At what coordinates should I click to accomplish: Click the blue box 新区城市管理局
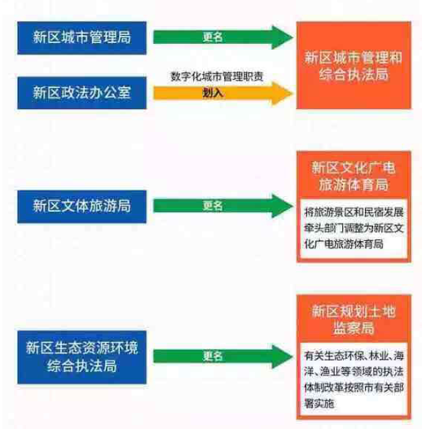(x=82, y=37)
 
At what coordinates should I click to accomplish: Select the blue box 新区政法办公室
(x=82, y=93)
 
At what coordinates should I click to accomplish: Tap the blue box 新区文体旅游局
(x=82, y=206)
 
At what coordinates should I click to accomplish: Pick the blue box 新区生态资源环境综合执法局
(x=82, y=357)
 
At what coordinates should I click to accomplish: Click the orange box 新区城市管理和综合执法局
(x=354, y=65)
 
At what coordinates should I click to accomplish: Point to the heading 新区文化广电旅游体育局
(x=354, y=176)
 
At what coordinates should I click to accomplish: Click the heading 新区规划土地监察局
(x=354, y=319)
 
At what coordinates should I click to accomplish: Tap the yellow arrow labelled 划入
(x=223, y=94)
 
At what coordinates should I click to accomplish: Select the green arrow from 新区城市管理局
(x=223, y=37)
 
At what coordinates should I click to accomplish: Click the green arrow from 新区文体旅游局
(x=223, y=206)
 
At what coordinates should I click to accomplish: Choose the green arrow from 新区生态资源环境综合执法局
(x=223, y=357)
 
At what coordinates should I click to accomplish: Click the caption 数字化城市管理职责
(x=217, y=76)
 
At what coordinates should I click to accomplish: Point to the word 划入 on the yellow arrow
(x=213, y=93)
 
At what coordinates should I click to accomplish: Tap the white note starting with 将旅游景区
(x=354, y=229)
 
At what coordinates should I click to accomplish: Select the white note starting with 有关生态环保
(x=354, y=379)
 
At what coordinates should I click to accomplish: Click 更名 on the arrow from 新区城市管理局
(x=213, y=37)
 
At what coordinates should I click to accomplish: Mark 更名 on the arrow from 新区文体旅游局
(x=213, y=206)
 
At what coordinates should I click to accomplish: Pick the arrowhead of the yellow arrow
(x=282, y=94)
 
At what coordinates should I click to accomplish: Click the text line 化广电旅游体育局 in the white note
(x=344, y=244)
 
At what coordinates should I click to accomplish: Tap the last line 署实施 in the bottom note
(x=319, y=404)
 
